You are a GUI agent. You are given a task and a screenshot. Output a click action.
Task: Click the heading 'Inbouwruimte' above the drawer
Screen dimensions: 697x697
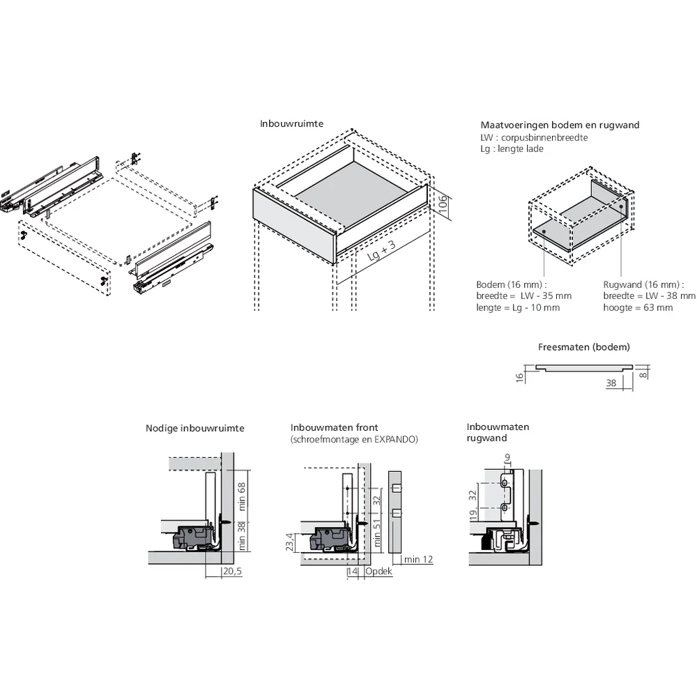pyautogui.click(x=291, y=123)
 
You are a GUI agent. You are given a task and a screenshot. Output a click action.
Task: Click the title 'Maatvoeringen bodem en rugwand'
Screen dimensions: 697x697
pyautogui.click(x=560, y=125)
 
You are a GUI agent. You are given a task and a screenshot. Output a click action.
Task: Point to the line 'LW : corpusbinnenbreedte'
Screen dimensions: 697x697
pyautogui.click(x=534, y=137)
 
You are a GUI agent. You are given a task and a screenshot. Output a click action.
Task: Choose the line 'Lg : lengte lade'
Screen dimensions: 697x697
pyautogui.click(x=512, y=148)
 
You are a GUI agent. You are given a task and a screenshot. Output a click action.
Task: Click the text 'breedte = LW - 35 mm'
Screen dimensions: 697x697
pyautogui.click(x=523, y=296)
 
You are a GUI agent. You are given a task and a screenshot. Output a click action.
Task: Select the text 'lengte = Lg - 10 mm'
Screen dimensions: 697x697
pyautogui.click(x=518, y=307)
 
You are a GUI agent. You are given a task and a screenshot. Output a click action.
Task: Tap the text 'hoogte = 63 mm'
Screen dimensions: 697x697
pyautogui.click(x=638, y=307)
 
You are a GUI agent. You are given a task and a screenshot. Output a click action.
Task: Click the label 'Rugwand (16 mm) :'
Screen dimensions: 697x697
pyautogui.click(x=643, y=284)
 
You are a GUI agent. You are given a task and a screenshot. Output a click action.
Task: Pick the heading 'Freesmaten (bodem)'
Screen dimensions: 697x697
pyautogui.click(x=584, y=346)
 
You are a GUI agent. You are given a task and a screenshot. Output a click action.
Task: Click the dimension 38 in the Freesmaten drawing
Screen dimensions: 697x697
pyautogui.click(x=611, y=383)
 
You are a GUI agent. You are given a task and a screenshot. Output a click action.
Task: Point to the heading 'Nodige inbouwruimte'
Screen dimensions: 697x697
pyautogui.click(x=195, y=429)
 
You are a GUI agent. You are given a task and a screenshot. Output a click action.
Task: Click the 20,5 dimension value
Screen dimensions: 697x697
pyautogui.click(x=232, y=572)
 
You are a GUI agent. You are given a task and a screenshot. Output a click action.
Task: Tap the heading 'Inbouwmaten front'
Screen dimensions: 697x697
pyautogui.click(x=335, y=427)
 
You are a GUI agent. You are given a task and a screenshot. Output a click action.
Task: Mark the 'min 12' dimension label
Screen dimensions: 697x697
pyautogui.click(x=418, y=560)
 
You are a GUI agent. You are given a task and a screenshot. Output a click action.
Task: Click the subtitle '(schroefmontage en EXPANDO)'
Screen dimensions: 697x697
pyautogui.click(x=354, y=440)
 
